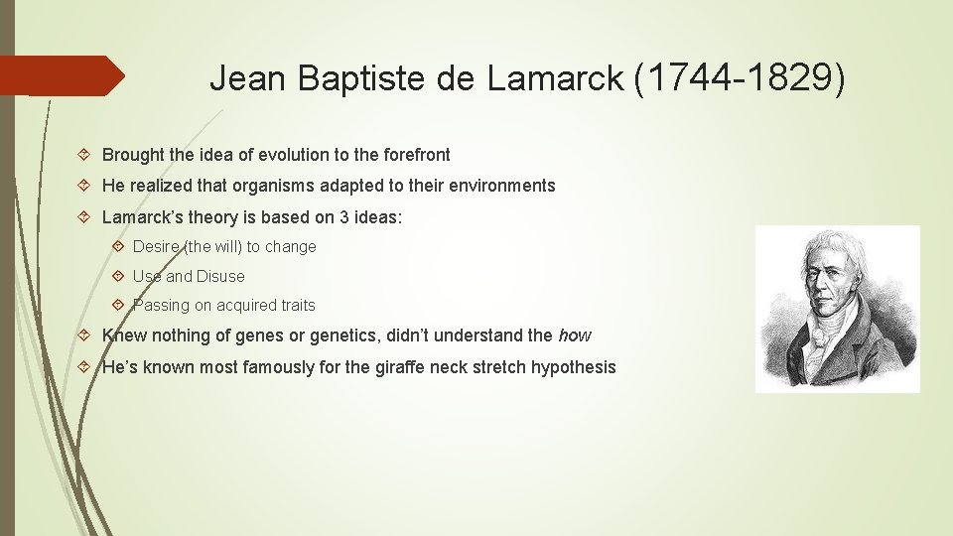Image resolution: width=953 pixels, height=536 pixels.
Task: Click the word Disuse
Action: click(x=219, y=276)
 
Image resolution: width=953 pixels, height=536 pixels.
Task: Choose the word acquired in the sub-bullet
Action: click(x=236, y=306)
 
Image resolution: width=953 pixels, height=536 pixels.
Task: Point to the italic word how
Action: click(x=574, y=335)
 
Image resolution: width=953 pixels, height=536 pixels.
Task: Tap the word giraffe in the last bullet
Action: click(x=399, y=367)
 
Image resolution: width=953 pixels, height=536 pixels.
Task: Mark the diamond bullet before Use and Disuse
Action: click(x=117, y=276)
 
